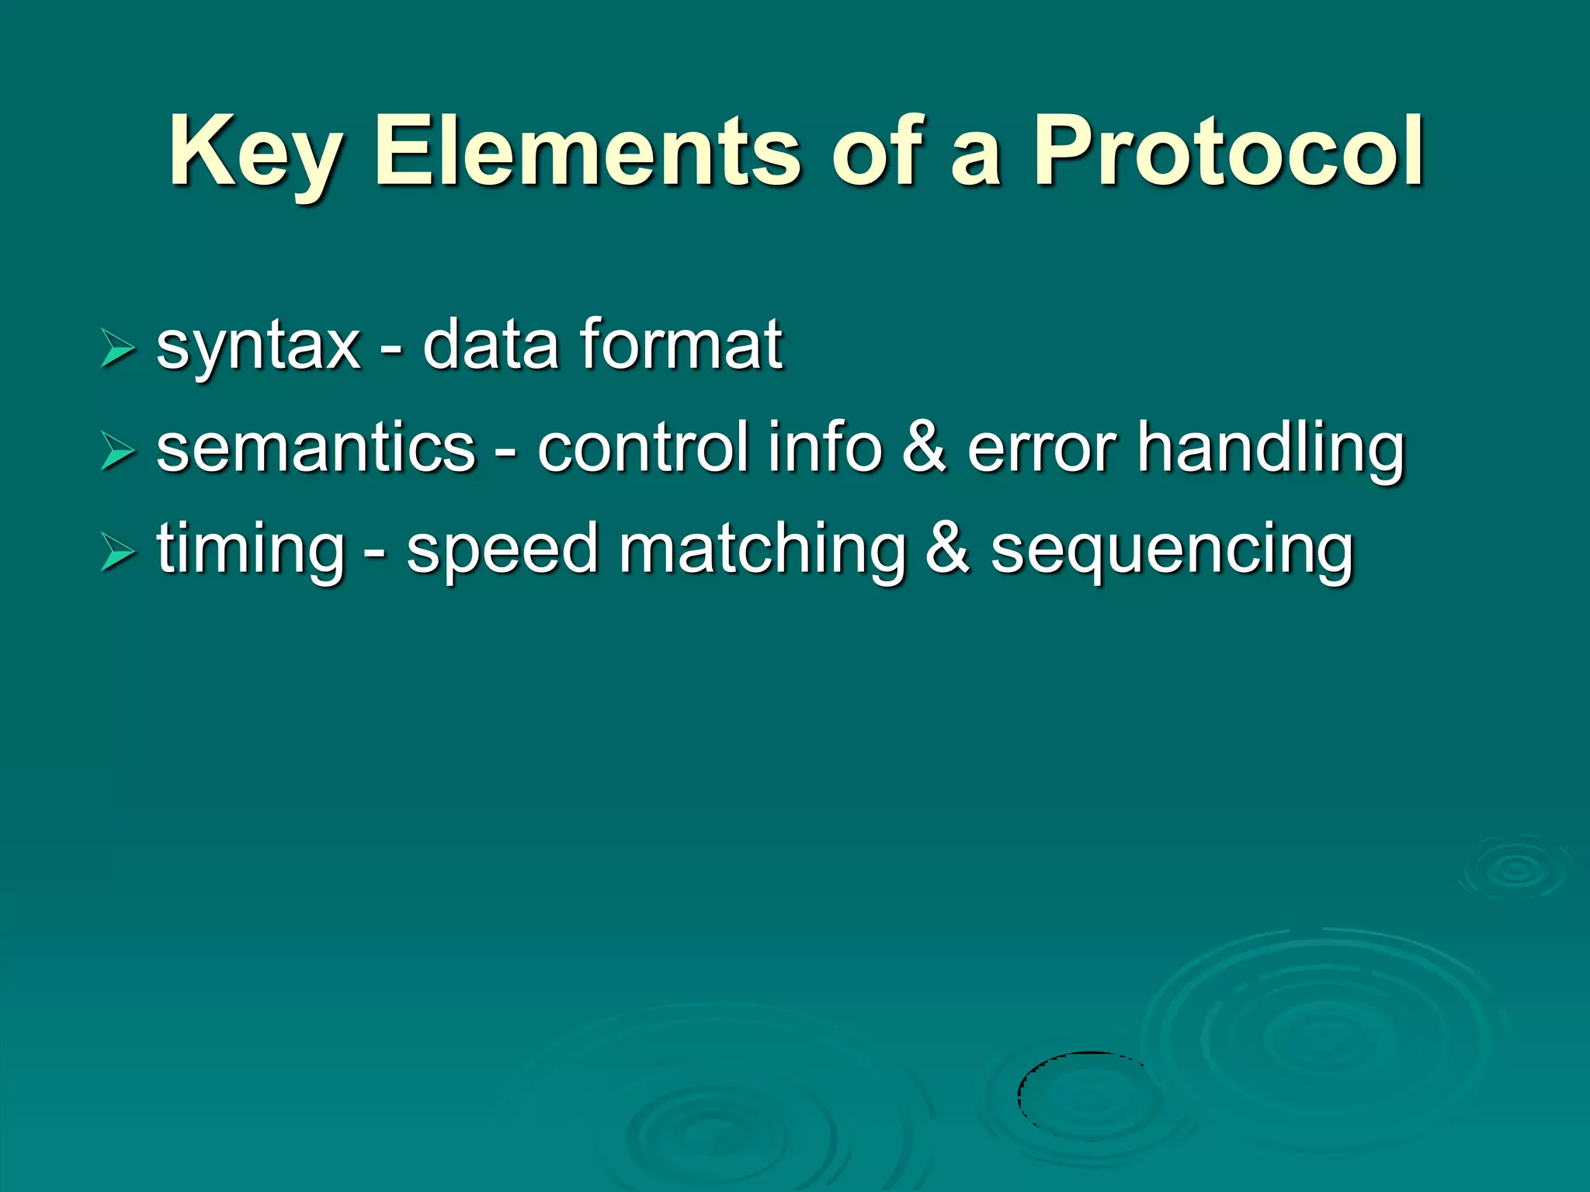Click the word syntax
click(x=259, y=346)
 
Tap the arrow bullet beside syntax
click(x=118, y=348)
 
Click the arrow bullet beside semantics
click(x=118, y=451)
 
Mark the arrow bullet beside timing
click(x=118, y=553)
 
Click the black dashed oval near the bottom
click(x=1087, y=1095)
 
